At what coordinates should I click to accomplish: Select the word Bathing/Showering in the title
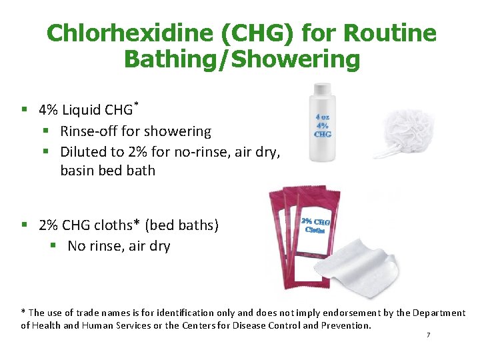pyautogui.click(x=241, y=59)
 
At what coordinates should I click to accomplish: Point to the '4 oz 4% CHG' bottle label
pyautogui.click(x=323, y=125)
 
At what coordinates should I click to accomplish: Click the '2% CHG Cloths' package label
pyautogui.click(x=316, y=226)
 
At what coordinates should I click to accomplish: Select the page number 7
pyautogui.click(x=428, y=335)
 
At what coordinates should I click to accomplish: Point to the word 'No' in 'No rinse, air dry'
pyautogui.click(x=77, y=246)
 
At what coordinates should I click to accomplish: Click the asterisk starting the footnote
pyautogui.click(x=23, y=311)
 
